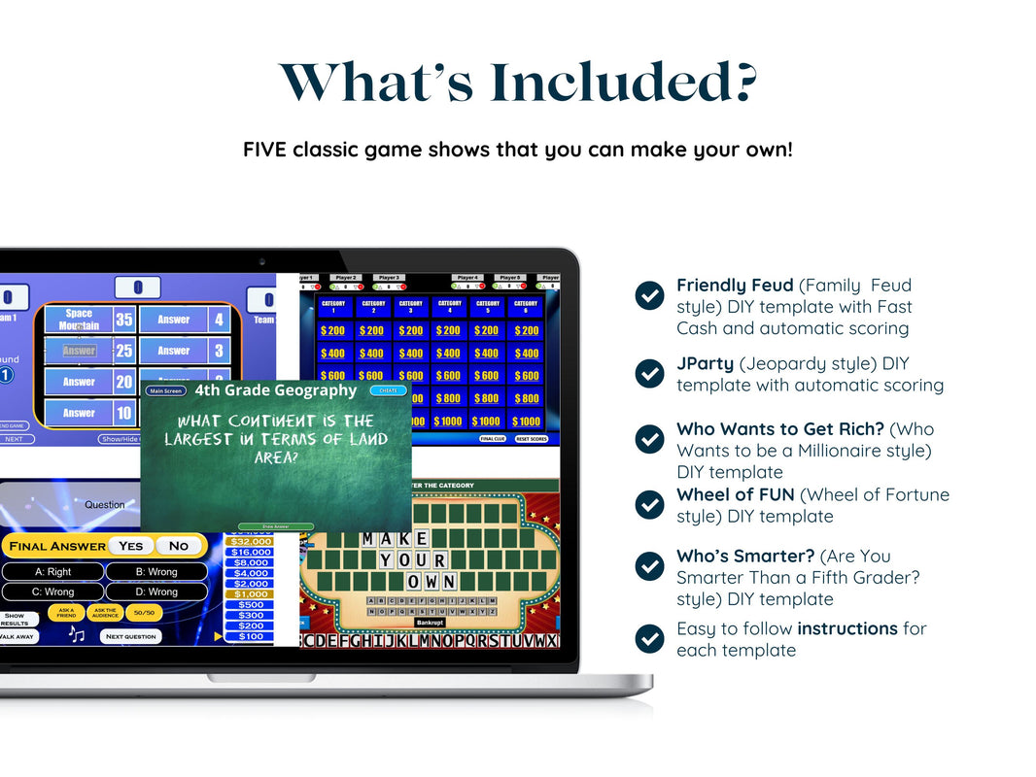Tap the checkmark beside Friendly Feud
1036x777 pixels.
(649, 295)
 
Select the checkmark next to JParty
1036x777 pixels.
(649, 373)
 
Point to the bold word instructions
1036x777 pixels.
(846, 628)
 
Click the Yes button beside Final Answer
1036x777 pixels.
(130, 546)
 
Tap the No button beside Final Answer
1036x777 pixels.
(179, 546)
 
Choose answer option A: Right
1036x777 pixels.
(52, 572)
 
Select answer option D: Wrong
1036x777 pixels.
(156, 591)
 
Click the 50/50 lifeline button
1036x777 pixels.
(144, 614)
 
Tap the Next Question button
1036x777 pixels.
(131, 636)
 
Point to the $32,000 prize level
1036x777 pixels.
(249, 542)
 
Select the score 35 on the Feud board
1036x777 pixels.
(124, 320)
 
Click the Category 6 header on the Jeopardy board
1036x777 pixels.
(526, 307)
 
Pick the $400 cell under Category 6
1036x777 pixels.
(526, 354)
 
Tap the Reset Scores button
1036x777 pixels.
(531, 439)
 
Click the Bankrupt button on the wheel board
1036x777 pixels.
(429, 622)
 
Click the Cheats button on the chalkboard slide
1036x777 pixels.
(389, 390)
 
